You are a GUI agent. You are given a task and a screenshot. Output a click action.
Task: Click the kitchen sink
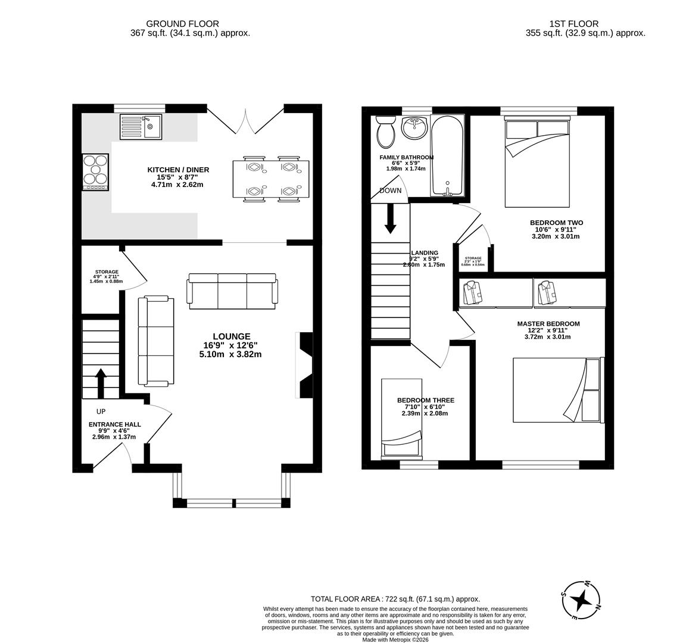tap(141, 126)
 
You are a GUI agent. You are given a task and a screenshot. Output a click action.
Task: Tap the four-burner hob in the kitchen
tap(95, 171)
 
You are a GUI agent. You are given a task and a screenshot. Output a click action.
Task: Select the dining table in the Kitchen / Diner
tap(271, 179)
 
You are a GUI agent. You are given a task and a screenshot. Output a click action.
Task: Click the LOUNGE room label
tap(231, 336)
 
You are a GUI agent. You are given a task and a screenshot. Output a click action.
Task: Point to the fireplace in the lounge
tap(304, 365)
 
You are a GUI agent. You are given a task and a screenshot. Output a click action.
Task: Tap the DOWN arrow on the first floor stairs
tap(390, 219)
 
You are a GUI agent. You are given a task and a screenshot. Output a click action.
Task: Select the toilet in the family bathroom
tap(386, 132)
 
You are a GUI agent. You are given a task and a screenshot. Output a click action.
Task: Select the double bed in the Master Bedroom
tap(558, 390)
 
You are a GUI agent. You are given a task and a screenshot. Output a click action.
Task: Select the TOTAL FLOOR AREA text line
tap(395, 600)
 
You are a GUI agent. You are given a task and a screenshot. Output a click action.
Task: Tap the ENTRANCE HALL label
tap(115, 424)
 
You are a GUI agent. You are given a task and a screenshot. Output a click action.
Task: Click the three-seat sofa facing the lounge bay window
tap(232, 291)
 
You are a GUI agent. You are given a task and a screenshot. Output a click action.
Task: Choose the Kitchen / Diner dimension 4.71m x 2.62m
tap(177, 185)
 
